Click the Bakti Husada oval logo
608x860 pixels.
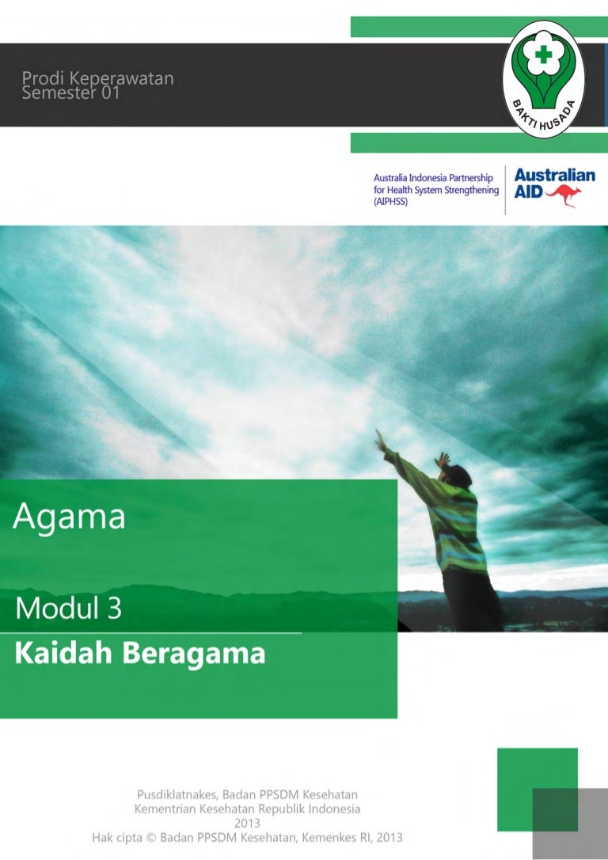(x=543, y=79)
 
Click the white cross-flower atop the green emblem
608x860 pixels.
(x=543, y=55)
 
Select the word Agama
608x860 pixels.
(x=69, y=517)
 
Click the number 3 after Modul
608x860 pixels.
(x=114, y=608)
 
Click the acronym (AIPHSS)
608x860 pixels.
(x=391, y=201)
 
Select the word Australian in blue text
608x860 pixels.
(x=555, y=175)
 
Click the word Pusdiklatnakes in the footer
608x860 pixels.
(x=177, y=794)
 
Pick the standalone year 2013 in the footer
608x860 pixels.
(x=247, y=823)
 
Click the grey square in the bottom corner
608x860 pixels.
(x=569, y=824)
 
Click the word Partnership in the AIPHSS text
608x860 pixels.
(x=471, y=178)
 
